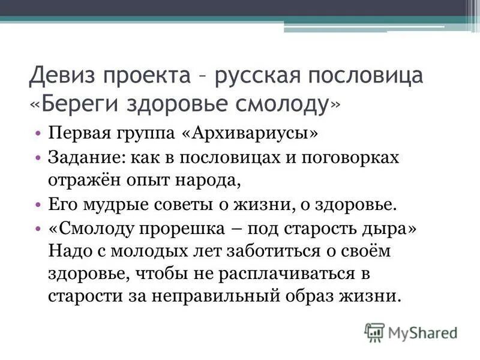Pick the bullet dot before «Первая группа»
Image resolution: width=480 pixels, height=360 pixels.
coord(38,133)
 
